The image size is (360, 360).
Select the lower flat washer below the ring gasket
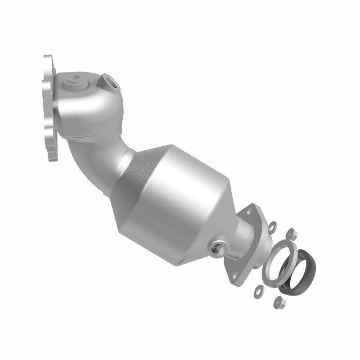(258, 288)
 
